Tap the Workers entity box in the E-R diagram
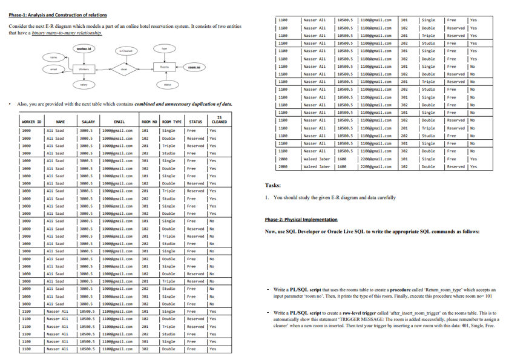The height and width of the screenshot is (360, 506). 84,70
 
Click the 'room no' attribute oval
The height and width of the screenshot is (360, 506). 194,67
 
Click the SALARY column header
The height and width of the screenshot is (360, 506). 88,122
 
